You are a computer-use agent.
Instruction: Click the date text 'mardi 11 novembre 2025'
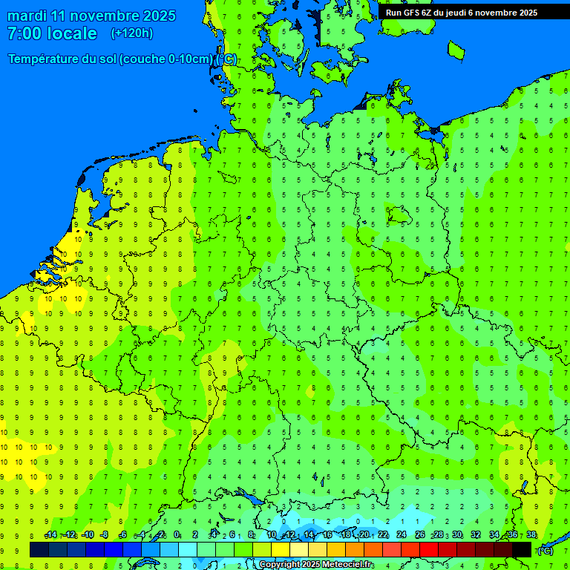(91, 16)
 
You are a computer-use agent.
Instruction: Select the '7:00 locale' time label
(52, 33)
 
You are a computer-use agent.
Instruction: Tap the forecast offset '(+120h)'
(132, 33)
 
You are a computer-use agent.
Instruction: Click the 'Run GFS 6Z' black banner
(461, 13)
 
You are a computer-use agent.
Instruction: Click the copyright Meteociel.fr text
(315, 565)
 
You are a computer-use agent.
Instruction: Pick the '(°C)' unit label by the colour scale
(544, 551)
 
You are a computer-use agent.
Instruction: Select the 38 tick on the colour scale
(531, 535)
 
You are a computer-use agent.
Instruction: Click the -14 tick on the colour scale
(50, 535)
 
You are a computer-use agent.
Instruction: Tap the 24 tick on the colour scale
(402, 535)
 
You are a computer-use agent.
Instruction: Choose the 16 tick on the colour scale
(327, 535)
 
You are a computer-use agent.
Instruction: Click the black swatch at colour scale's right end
(522, 549)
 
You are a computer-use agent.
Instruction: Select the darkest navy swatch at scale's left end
(39, 549)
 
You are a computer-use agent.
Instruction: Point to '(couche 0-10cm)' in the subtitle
(167, 59)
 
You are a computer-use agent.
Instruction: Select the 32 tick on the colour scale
(476, 535)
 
